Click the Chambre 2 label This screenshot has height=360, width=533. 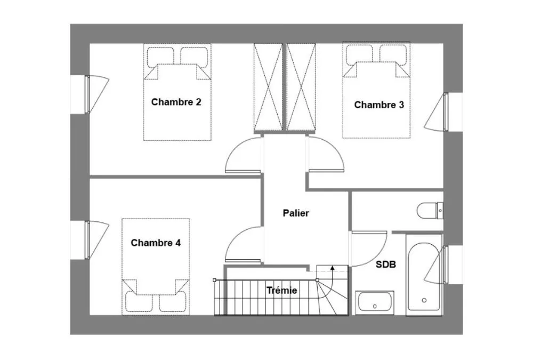tap(176, 102)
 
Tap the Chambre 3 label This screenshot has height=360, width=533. tap(379, 105)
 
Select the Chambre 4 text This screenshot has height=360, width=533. tap(156, 243)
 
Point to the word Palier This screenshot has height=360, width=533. tap(296, 213)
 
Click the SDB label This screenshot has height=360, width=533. tap(386, 265)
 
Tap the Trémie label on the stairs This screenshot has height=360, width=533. tap(282, 290)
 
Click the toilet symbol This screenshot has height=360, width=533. tap(430, 211)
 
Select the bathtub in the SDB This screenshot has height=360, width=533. tap(424, 272)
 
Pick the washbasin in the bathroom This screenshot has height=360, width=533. tap(375, 302)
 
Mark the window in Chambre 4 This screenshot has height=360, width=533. tap(87, 239)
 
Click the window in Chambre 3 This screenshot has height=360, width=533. tap(446, 112)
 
